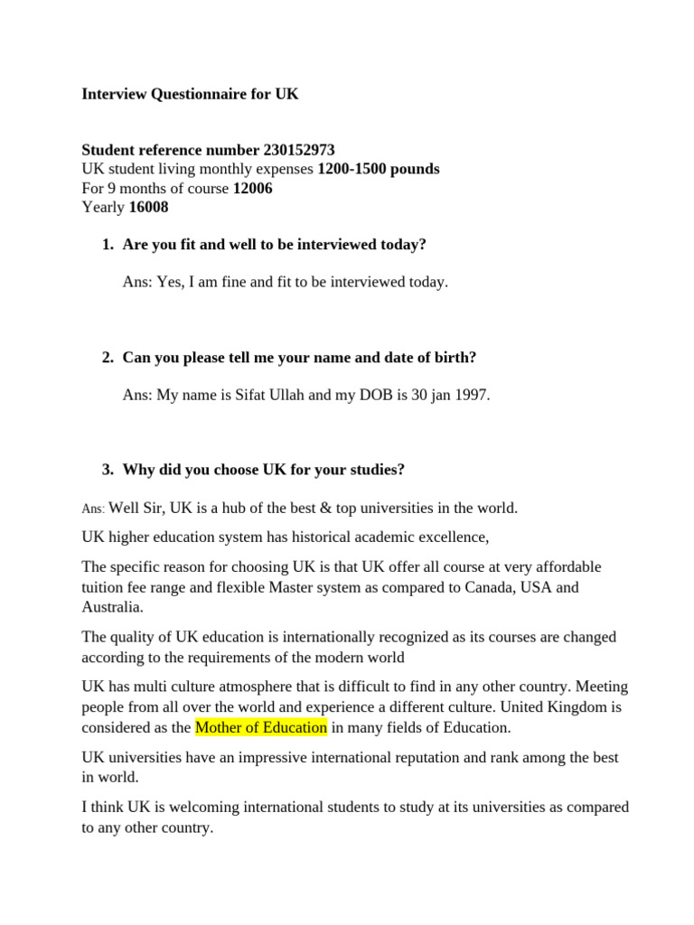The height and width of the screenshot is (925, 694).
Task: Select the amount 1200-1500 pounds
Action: tap(379, 169)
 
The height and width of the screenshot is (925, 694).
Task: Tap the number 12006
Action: tap(252, 188)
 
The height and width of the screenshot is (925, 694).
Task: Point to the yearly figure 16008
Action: tap(148, 207)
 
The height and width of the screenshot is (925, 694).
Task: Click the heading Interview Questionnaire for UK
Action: tap(190, 94)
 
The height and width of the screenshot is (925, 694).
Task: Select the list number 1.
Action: tap(108, 245)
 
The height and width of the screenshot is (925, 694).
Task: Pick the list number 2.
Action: tap(108, 358)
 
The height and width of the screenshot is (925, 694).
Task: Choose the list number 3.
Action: tap(108, 470)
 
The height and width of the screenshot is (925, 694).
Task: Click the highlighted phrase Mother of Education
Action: tap(261, 727)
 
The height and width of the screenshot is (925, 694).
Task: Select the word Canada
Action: tap(506, 587)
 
